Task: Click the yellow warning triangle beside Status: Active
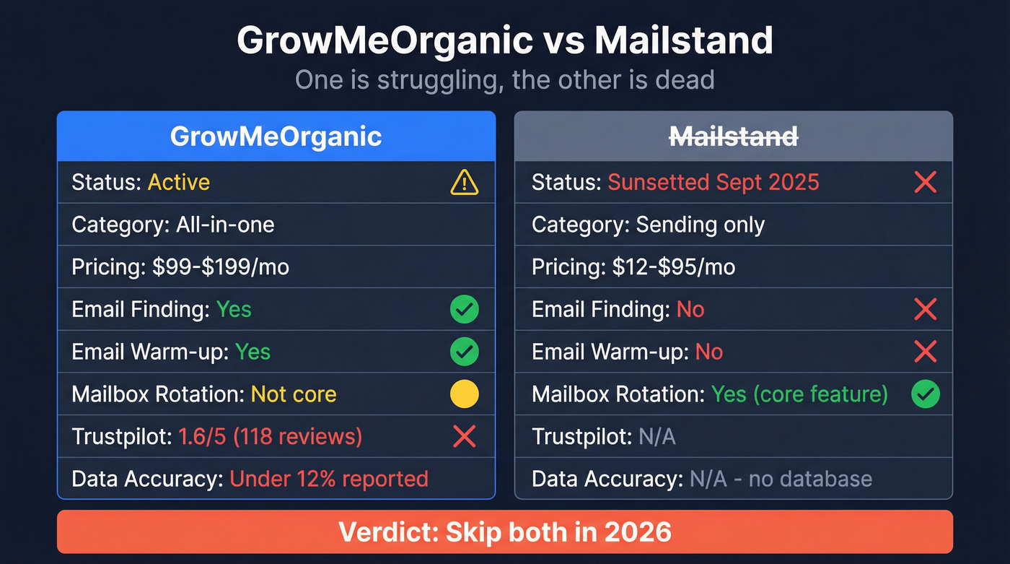(x=464, y=182)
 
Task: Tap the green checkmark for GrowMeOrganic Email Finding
(x=464, y=310)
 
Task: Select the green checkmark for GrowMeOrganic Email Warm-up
(x=464, y=352)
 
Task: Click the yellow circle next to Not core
(x=464, y=394)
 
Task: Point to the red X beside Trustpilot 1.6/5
(x=464, y=436)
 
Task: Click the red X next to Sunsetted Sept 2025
(x=925, y=182)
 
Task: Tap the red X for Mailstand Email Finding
(x=925, y=310)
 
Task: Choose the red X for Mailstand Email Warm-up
(x=925, y=352)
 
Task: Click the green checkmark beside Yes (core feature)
(x=925, y=395)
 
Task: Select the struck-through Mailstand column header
(x=734, y=136)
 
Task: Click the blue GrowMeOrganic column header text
(x=276, y=136)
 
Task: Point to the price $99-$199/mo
(x=220, y=267)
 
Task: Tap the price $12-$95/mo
(x=673, y=267)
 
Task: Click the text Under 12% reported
(x=329, y=479)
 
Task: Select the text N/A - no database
(x=781, y=479)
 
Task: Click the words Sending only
(x=700, y=225)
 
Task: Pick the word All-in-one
(x=225, y=225)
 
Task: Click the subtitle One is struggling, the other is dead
(x=504, y=79)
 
